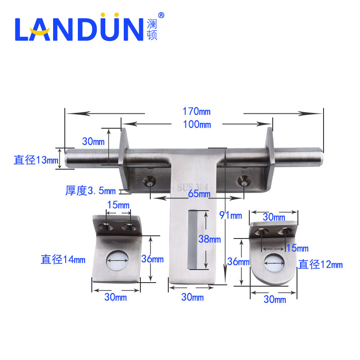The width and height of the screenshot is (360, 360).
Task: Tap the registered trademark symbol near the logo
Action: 162,15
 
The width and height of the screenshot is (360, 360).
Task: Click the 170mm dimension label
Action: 197,111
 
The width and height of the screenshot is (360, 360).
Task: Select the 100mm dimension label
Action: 197,125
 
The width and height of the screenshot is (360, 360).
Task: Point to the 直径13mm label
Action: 36,160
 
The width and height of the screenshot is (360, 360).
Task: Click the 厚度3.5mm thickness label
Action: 90,191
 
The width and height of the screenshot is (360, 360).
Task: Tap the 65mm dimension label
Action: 198,194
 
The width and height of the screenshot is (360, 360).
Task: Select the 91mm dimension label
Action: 230,215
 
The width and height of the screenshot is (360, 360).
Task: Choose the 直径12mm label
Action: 320,264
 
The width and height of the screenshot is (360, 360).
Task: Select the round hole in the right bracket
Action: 275,262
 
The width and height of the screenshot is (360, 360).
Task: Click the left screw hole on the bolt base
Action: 148,181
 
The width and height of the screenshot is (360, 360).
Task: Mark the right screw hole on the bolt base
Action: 244,181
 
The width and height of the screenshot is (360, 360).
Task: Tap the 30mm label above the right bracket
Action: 274,216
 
